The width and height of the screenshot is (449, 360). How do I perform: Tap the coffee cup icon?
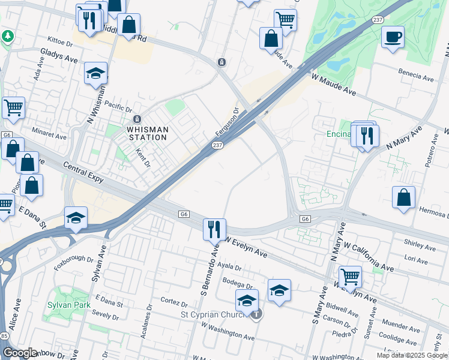pos(393,38)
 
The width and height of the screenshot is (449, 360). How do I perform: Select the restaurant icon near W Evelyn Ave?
pos(214,229)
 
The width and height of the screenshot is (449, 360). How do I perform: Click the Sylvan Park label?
pos(68,305)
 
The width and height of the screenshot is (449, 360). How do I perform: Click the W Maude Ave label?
pos(334,85)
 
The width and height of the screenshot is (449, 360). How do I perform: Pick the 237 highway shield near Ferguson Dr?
pos(217,145)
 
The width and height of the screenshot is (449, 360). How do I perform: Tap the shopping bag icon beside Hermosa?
pos(404,197)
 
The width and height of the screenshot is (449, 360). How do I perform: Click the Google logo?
pos(20,353)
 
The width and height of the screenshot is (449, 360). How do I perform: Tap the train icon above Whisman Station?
pos(137,119)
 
